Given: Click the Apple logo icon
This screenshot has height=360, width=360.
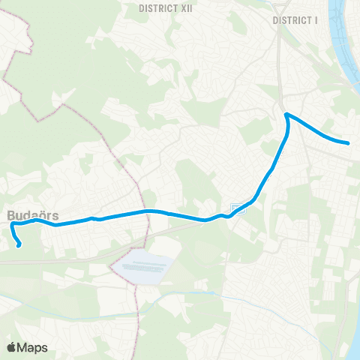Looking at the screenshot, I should tap(12, 347).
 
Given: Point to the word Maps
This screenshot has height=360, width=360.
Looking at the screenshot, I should tap(33, 347).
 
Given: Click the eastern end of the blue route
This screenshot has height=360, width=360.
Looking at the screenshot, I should tap(349, 142).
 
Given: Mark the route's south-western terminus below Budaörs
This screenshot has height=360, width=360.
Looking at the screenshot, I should tap(19, 244).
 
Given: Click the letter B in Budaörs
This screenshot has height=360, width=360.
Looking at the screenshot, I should tap(12, 214).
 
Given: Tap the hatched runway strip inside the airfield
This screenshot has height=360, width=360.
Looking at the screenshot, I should tap(146, 264).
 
